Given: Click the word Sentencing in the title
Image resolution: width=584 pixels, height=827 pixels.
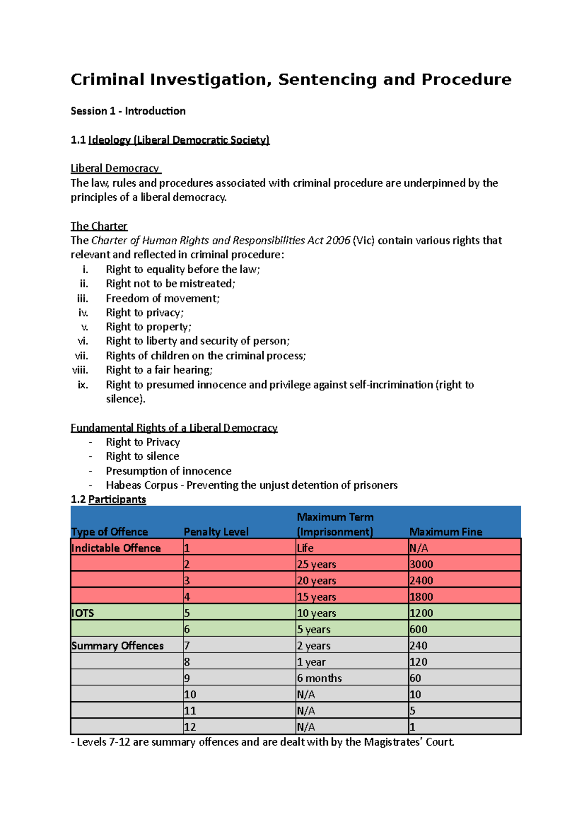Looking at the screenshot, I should click(327, 79).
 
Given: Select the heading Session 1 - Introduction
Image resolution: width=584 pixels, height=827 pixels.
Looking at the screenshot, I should click(128, 111).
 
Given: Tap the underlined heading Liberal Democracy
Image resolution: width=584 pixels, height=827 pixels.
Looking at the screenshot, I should click(115, 169).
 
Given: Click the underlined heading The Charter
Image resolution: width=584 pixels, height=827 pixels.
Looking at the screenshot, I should click(99, 226).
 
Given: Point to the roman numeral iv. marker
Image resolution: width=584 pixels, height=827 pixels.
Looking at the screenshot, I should click(83, 313).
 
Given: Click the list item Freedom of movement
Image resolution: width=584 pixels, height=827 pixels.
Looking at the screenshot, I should click(163, 298).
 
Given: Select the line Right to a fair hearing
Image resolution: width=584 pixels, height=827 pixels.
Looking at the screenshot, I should click(159, 370).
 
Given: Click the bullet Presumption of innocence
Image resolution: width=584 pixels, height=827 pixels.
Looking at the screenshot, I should click(168, 471).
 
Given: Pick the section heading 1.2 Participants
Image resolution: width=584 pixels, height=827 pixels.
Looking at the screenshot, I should click(108, 499).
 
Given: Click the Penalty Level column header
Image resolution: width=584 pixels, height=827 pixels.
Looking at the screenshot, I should click(216, 532).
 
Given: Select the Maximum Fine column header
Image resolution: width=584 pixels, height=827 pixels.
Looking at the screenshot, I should click(445, 532).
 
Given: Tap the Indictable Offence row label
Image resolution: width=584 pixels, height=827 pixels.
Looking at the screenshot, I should click(116, 548).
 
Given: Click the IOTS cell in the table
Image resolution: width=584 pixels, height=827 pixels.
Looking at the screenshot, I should click(83, 613).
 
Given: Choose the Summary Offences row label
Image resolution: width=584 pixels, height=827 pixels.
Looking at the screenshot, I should click(117, 646).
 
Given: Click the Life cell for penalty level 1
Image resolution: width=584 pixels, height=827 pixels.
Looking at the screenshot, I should click(305, 548).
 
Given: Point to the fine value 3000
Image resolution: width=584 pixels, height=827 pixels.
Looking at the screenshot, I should click(421, 564).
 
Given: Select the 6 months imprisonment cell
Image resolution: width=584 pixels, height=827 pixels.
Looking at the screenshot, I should click(319, 678).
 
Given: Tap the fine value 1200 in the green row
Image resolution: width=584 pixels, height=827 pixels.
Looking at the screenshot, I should click(421, 613).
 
